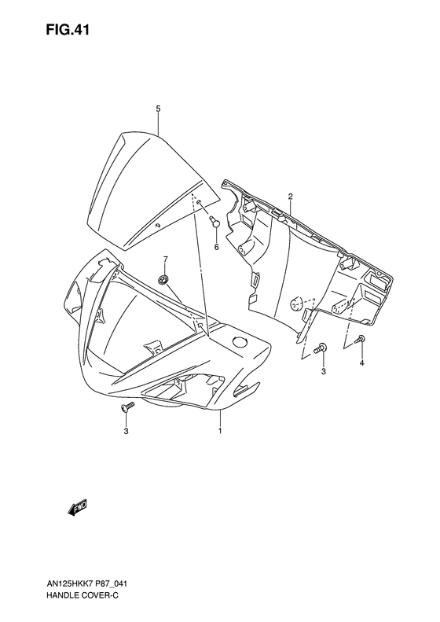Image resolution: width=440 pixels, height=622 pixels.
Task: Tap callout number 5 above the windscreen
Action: [158, 108]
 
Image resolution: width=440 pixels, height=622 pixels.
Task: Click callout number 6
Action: [215, 246]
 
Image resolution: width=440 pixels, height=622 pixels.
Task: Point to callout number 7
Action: [165, 259]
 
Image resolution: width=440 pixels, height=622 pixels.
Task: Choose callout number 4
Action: [361, 363]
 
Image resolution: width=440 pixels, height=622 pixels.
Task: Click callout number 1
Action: [220, 431]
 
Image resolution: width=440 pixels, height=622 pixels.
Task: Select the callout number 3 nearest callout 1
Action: [124, 431]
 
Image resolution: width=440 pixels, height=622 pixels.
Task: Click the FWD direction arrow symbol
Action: [79, 510]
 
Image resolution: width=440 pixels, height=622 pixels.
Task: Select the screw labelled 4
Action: [360, 339]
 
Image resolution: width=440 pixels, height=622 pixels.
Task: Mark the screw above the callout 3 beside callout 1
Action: [125, 408]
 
